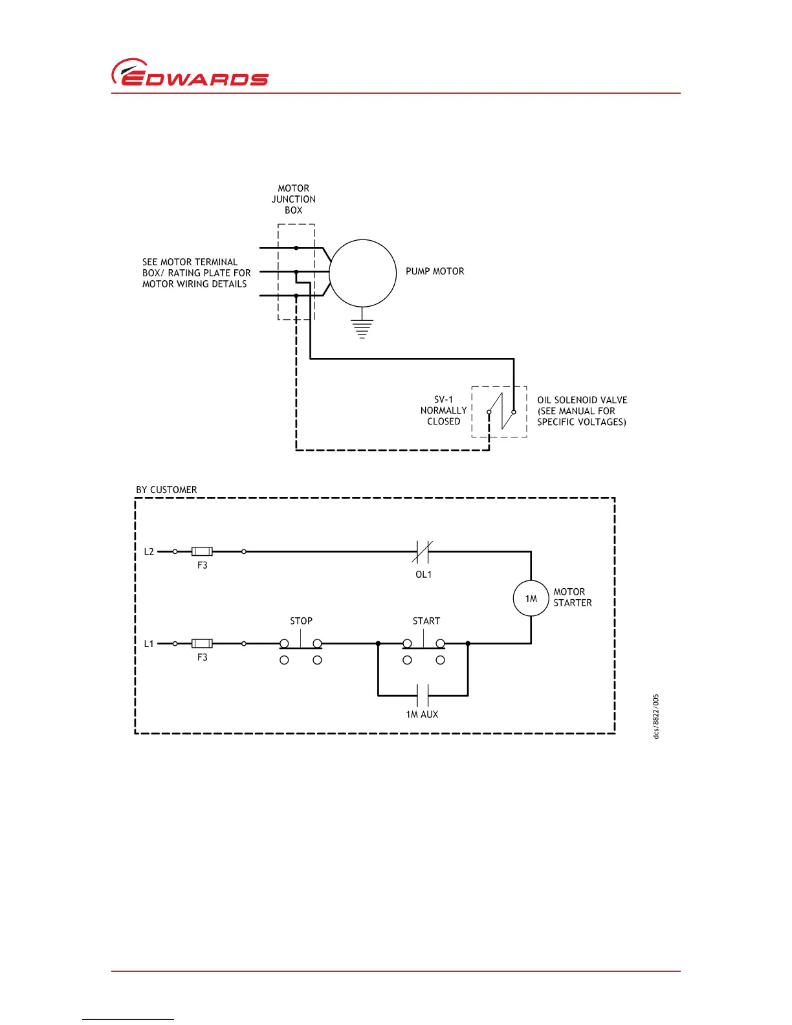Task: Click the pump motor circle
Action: click(362, 273)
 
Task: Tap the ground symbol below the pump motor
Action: click(362, 329)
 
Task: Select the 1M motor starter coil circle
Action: click(531, 599)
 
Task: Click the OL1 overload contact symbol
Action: click(423, 552)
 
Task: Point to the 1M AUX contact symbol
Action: click(423, 696)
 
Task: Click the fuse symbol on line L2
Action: click(202, 552)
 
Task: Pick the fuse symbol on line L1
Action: click(202, 644)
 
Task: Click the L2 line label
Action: click(149, 552)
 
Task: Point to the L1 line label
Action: click(149, 644)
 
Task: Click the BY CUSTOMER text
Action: click(166, 490)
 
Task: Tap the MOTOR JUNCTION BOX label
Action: click(294, 199)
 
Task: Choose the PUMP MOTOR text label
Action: click(435, 272)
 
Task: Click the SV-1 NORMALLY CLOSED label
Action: click(444, 411)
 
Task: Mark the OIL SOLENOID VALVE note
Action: click(582, 411)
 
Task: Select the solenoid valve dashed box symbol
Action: click(499, 412)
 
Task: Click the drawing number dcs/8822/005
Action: click(656, 716)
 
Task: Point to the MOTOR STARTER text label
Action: click(572, 597)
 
